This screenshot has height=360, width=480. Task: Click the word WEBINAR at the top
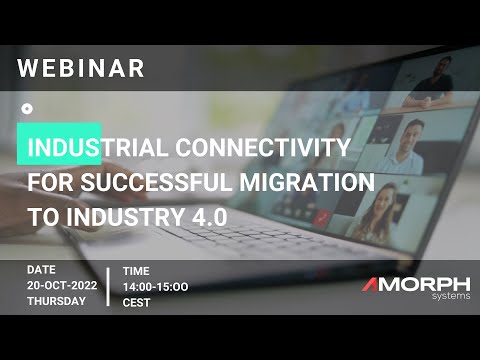tap(82, 69)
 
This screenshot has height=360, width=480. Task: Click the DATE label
tap(42, 270)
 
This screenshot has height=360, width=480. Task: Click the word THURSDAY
tap(55, 302)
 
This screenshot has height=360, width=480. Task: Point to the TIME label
tap(136, 270)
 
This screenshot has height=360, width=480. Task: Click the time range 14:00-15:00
tap(155, 286)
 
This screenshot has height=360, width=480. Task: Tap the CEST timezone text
tap(137, 302)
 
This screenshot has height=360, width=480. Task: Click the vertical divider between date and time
tap(108, 286)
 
